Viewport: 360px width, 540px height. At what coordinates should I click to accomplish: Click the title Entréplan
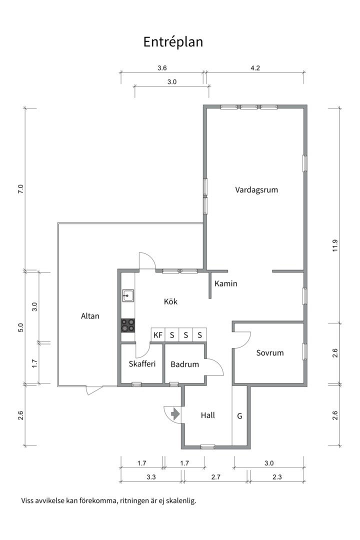tap(173, 42)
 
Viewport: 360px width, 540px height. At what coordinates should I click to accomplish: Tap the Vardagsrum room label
tap(256, 190)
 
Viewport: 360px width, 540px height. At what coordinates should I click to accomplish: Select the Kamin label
tap(225, 283)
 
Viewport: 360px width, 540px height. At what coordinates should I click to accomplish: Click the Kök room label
tap(170, 301)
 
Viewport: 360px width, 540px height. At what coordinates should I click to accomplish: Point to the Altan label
tap(90, 316)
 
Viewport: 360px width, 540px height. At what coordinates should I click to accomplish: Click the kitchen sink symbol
tap(128, 296)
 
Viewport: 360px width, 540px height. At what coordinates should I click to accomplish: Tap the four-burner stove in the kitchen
tap(128, 325)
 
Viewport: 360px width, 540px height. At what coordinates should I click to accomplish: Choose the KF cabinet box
tap(158, 334)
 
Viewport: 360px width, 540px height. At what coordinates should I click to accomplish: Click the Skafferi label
tap(142, 363)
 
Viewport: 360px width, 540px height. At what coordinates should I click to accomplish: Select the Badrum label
tap(184, 364)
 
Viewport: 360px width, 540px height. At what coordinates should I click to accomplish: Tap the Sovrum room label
tap(269, 352)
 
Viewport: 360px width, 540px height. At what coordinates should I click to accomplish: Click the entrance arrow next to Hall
tap(175, 413)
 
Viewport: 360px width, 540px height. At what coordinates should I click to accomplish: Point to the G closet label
tap(239, 416)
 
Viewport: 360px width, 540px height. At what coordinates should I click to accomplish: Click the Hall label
tap(207, 415)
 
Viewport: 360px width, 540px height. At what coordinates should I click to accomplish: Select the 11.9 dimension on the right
tap(335, 245)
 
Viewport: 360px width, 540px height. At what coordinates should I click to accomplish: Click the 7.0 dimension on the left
tap(20, 189)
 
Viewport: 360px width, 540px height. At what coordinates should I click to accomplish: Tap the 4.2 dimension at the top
tap(255, 68)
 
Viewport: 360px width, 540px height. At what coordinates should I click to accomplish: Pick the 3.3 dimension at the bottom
tap(151, 477)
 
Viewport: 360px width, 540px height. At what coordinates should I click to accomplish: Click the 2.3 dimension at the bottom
tap(277, 477)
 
